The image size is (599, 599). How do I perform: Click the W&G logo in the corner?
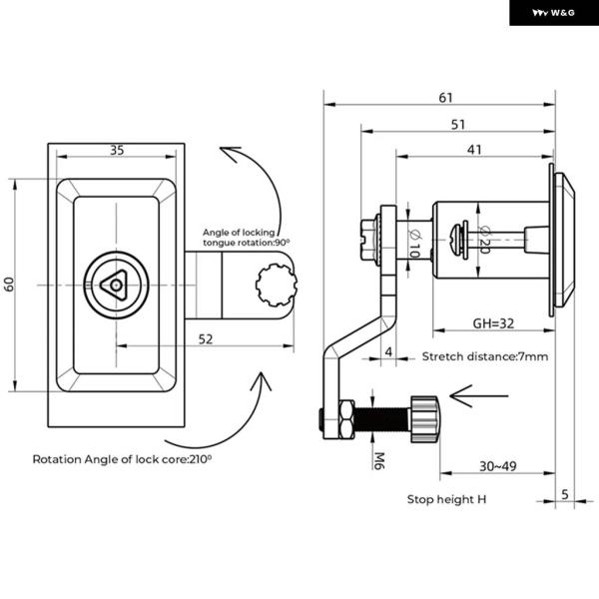click(x=553, y=13)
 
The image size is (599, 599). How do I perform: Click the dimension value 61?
click(x=445, y=98)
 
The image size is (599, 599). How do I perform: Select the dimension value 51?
click(x=457, y=125)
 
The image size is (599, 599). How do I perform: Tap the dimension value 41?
click(x=474, y=150)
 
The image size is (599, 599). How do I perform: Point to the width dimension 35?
click(x=117, y=150)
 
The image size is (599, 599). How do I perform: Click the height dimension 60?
click(x=9, y=285)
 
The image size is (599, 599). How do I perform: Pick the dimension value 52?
click(x=206, y=338)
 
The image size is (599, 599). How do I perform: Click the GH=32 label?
click(x=493, y=323)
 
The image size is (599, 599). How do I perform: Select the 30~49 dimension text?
click(x=498, y=466)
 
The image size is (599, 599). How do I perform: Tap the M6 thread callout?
click(x=379, y=460)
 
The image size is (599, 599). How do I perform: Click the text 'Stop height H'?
click(x=446, y=499)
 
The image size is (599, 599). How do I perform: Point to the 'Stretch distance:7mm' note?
click(x=485, y=356)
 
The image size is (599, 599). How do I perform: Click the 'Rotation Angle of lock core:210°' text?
click(x=122, y=459)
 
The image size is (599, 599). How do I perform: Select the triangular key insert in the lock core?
click(x=114, y=285)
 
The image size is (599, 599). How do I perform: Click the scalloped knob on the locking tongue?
click(x=277, y=285)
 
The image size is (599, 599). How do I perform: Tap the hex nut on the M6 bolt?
click(x=346, y=419)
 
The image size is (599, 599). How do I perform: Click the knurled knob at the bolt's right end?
click(x=425, y=419)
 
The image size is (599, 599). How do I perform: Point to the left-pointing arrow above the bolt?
click(x=479, y=396)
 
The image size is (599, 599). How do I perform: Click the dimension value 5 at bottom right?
click(x=565, y=494)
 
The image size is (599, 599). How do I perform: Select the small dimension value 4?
click(x=388, y=351)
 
